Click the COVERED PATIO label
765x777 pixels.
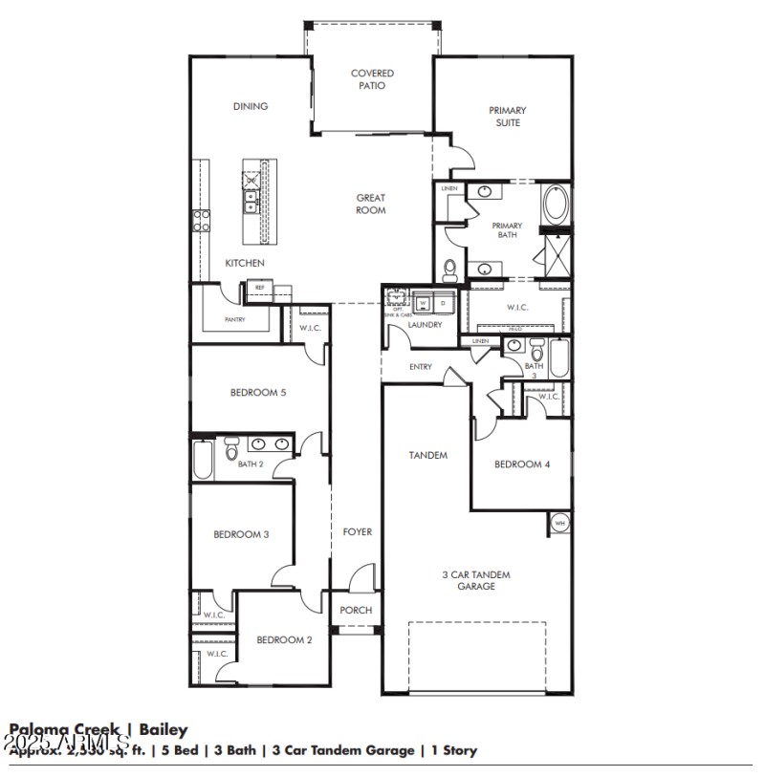(x=372, y=79)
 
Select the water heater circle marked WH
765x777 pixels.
(x=560, y=523)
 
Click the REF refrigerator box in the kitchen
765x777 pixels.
(x=258, y=287)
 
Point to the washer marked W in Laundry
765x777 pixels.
(x=423, y=303)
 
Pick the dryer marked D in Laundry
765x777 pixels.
(x=443, y=303)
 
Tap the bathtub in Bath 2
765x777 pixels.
(x=203, y=459)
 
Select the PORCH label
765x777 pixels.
(x=356, y=611)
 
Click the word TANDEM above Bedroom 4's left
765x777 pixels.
(x=428, y=455)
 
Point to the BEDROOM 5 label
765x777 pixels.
(x=258, y=392)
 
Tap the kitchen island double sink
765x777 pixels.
(x=251, y=201)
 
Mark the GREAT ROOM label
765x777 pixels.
(x=371, y=205)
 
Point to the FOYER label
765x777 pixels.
(x=358, y=531)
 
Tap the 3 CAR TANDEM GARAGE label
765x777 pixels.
(x=475, y=580)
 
